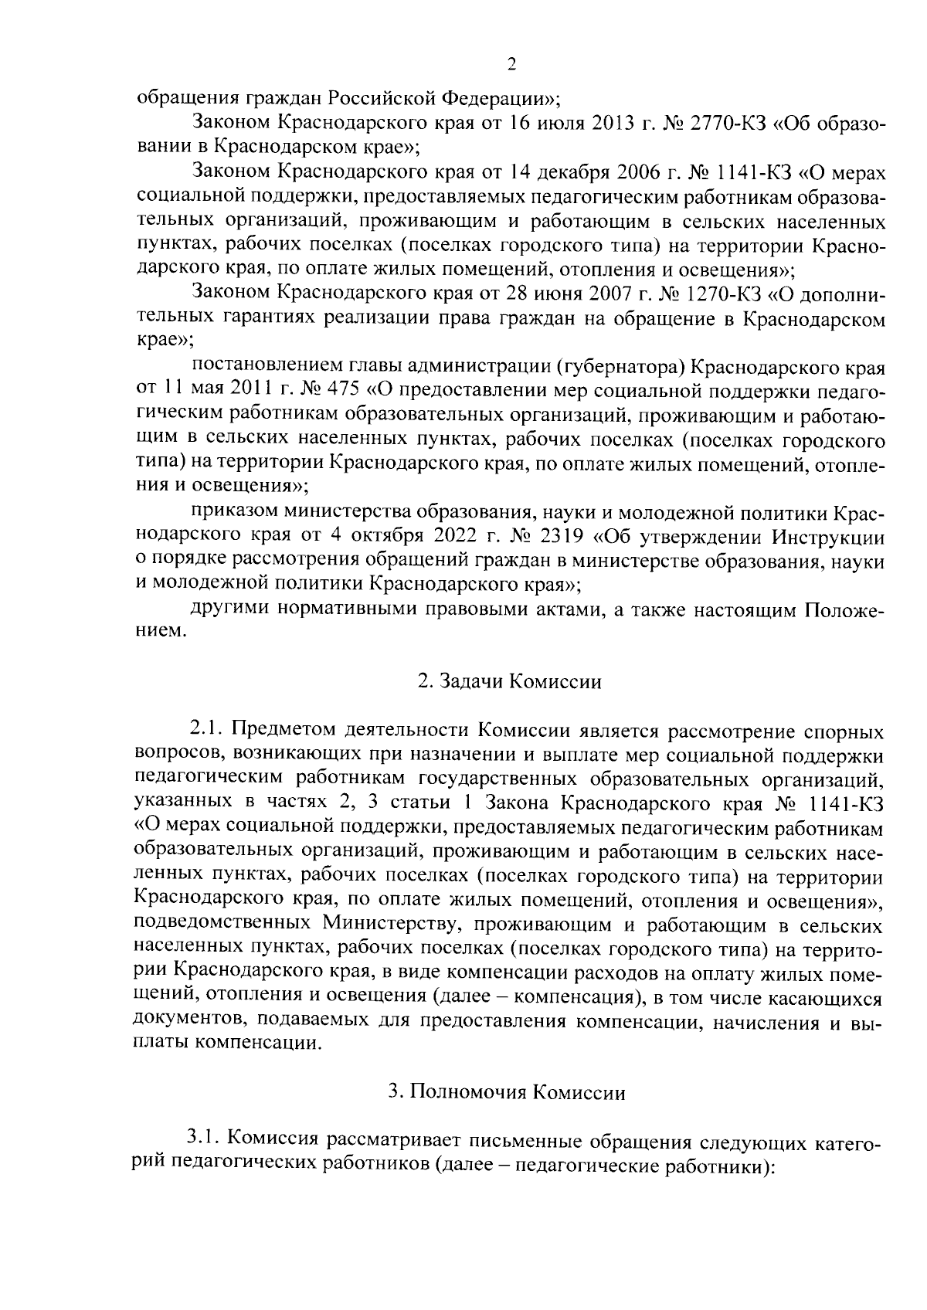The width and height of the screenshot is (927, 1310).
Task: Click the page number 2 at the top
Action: coord(511,66)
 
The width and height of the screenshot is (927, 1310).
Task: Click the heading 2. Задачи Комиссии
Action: coord(509,682)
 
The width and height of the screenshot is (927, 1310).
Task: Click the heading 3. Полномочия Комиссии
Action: coord(509,1092)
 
